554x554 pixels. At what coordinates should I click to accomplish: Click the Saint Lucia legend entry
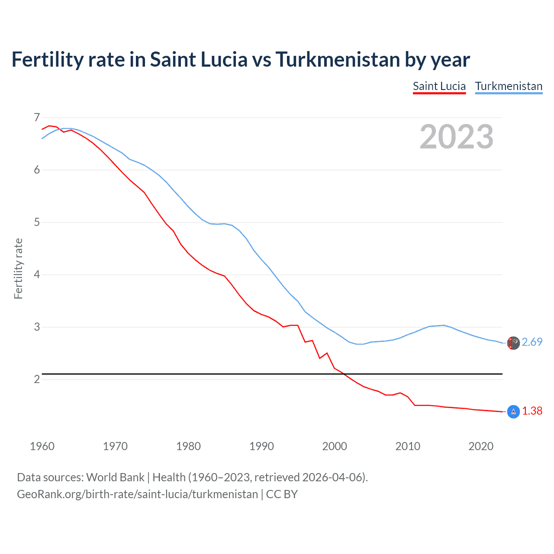pyautogui.click(x=439, y=86)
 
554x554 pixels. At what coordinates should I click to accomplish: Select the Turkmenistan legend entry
pyautogui.click(x=509, y=86)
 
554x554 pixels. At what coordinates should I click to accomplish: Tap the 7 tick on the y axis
pyautogui.click(x=36, y=117)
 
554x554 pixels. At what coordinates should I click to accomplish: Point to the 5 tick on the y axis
pyautogui.click(x=36, y=222)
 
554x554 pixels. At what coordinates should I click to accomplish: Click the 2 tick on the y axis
pyautogui.click(x=36, y=380)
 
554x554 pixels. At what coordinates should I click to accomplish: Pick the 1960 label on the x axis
pyautogui.click(x=42, y=446)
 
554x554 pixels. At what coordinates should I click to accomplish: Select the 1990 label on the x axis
pyautogui.click(x=261, y=446)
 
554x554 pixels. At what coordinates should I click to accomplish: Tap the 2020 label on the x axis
pyautogui.click(x=481, y=446)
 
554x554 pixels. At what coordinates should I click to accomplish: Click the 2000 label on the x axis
pyautogui.click(x=335, y=446)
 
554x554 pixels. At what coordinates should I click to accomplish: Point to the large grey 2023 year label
pyautogui.click(x=456, y=137)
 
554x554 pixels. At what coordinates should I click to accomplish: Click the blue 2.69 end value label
pyautogui.click(x=532, y=342)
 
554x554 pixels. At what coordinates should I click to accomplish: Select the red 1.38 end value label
pyautogui.click(x=532, y=411)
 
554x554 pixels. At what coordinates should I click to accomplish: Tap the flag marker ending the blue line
pyautogui.click(x=513, y=343)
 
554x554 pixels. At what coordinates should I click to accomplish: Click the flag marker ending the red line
pyautogui.click(x=513, y=412)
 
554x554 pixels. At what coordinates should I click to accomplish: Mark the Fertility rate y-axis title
pyautogui.click(x=18, y=268)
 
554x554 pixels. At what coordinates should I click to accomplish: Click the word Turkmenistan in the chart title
pyautogui.click(x=338, y=60)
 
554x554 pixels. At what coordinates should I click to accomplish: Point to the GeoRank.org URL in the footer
pyautogui.click(x=137, y=494)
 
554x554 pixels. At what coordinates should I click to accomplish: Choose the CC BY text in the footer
pyautogui.click(x=282, y=494)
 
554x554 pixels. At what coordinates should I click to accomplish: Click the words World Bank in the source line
pyautogui.click(x=115, y=477)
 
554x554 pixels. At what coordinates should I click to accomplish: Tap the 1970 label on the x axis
pyautogui.click(x=115, y=446)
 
